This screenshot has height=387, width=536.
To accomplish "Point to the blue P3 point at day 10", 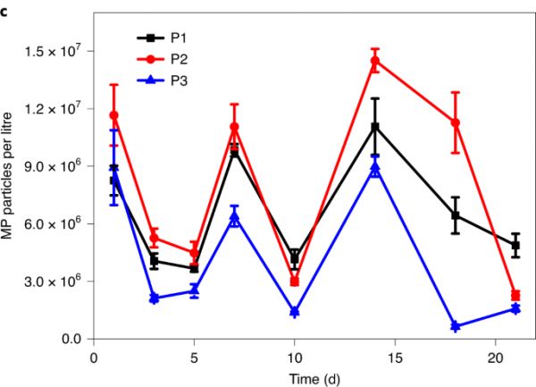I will coord(295,312).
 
